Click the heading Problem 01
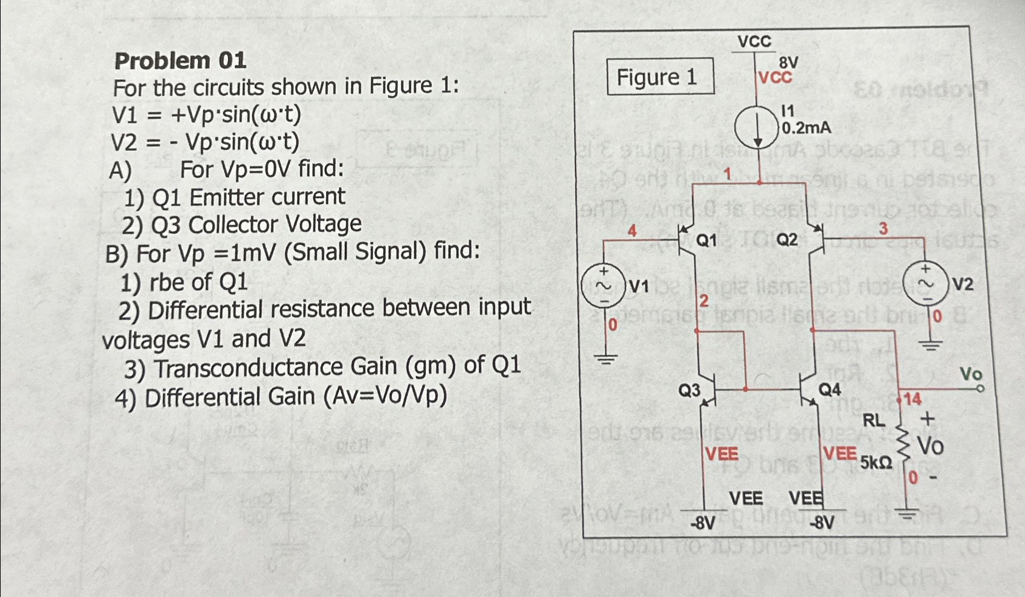tap(180, 61)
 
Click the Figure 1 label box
tap(660, 77)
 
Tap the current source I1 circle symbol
tap(757, 128)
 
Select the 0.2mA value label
tap(806, 128)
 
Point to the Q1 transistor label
tap(706, 241)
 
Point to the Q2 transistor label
tap(787, 240)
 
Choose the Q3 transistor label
tap(689, 390)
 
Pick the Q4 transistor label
tap(830, 389)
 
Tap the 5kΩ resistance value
tap(876, 464)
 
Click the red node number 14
tap(912, 400)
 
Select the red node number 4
tap(632, 231)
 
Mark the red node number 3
tap(883, 229)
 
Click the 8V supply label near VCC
tap(788, 62)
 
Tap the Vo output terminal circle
tap(980, 388)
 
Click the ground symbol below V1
tap(605, 358)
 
